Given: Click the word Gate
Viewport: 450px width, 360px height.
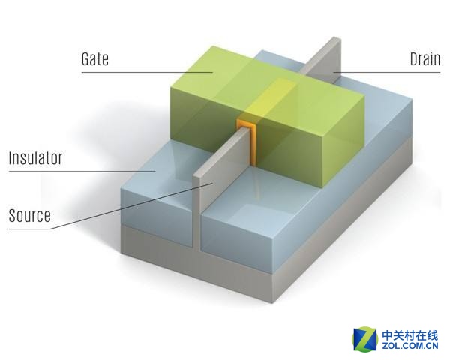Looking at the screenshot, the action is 95,59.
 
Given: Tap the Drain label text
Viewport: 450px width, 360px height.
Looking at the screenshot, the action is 425,59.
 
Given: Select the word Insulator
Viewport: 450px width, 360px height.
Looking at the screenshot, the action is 35,158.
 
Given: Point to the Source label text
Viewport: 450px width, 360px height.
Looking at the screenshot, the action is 30,215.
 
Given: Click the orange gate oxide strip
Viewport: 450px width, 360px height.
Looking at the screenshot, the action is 252,141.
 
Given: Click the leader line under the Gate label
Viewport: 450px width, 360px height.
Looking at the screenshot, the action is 147,72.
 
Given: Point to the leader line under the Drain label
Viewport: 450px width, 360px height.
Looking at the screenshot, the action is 386,72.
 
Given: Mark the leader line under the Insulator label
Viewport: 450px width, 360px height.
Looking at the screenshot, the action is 82,172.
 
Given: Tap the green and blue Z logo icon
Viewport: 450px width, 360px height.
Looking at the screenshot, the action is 364,338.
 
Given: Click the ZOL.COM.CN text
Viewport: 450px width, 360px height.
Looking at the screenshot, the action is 410,345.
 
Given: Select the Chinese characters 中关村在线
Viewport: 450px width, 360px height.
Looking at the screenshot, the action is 410,334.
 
